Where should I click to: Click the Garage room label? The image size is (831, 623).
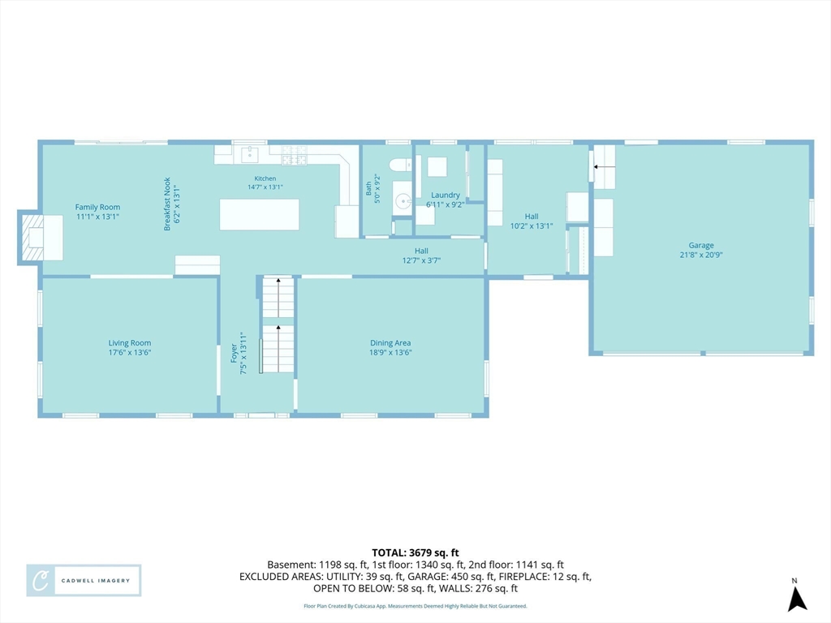[701, 245]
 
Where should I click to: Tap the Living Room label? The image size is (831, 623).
[130, 343]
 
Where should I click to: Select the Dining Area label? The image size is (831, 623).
[390, 343]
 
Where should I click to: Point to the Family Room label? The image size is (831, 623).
[97, 207]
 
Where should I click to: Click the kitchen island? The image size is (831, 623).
[259, 214]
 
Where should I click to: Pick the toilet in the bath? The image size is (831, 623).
[401, 165]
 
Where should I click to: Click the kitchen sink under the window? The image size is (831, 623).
[250, 155]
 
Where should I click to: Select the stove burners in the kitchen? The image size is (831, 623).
[294, 155]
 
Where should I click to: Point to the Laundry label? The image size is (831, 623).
[446, 195]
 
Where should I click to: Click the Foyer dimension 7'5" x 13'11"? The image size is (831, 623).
[243, 354]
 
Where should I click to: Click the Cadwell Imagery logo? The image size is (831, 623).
[84, 581]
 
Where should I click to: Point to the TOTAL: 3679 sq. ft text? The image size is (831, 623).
[415, 553]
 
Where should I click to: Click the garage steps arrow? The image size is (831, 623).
[604, 167]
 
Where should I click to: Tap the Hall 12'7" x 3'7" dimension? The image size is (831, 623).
[421, 260]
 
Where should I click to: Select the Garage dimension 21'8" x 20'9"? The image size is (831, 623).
[701, 255]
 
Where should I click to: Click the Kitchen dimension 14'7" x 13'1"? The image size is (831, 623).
[265, 187]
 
